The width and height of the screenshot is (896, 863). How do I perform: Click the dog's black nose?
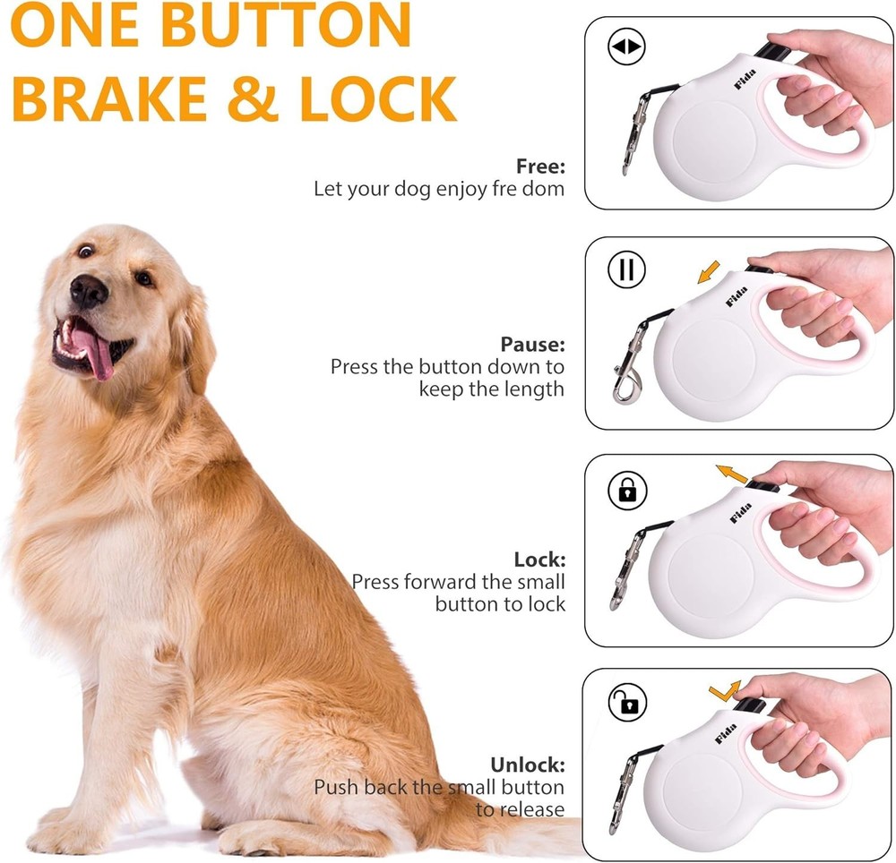pyautogui.click(x=89, y=290)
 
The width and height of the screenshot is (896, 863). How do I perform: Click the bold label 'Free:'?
pyautogui.click(x=540, y=166)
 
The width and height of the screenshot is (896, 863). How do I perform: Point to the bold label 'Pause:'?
pyautogui.click(x=532, y=344)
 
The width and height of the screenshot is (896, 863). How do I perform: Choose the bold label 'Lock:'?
pyautogui.click(x=539, y=559)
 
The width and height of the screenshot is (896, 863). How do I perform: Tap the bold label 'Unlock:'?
pyautogui.click(x=528, y=765)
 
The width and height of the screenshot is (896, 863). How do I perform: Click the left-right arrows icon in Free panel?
pyautogui.click(x=626, y=48)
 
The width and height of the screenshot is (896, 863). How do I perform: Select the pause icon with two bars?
pyautogui.click(x=626, y=269)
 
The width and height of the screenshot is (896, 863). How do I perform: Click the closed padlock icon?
pyautogui.click(x=627, y=489)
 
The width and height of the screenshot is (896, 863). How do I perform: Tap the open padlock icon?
pyautogui.click(x=627, y=704)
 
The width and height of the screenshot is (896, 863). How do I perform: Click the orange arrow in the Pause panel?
pyautogui.click(x=709, y=269)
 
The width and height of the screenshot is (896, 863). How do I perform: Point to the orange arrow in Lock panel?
pyautogui.click(x=731, y=473)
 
